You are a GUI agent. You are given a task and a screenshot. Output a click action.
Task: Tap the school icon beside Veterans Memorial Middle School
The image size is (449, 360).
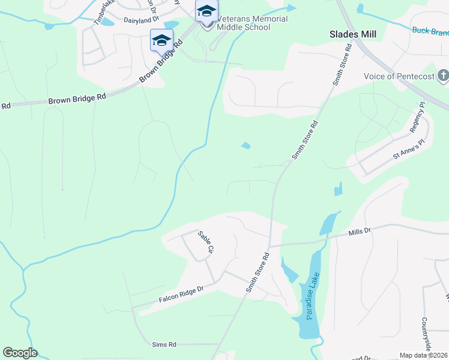coord(206,12)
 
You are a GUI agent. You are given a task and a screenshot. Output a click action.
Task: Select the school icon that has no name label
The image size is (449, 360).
coord(161,41)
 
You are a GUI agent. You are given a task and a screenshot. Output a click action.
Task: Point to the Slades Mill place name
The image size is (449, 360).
coord(353,34)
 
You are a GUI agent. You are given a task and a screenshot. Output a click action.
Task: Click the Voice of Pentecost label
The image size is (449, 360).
coord(399,76)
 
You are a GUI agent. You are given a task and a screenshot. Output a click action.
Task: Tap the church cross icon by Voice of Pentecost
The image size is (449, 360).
coord(443,76)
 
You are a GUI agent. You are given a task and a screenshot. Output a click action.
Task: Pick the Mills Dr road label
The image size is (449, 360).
coord(360,230)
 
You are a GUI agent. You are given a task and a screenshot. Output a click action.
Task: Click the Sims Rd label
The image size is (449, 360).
coord(164,344)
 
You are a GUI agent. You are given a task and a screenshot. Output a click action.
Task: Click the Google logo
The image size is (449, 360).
coord(20,353)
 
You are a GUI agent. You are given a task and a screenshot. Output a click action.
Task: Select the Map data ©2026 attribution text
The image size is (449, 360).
coord(423,355)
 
